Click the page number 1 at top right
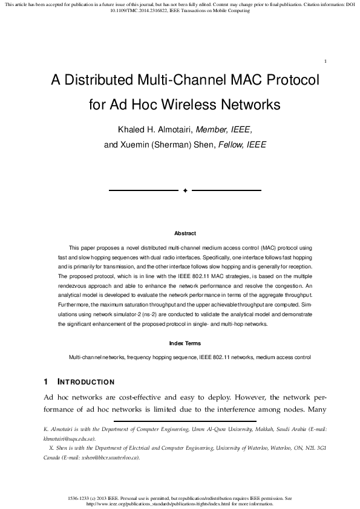326,61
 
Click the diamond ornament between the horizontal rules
185,190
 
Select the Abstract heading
185,233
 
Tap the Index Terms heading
185,343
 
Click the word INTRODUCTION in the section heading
85,382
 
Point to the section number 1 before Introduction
46,382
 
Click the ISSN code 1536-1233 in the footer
82,498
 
